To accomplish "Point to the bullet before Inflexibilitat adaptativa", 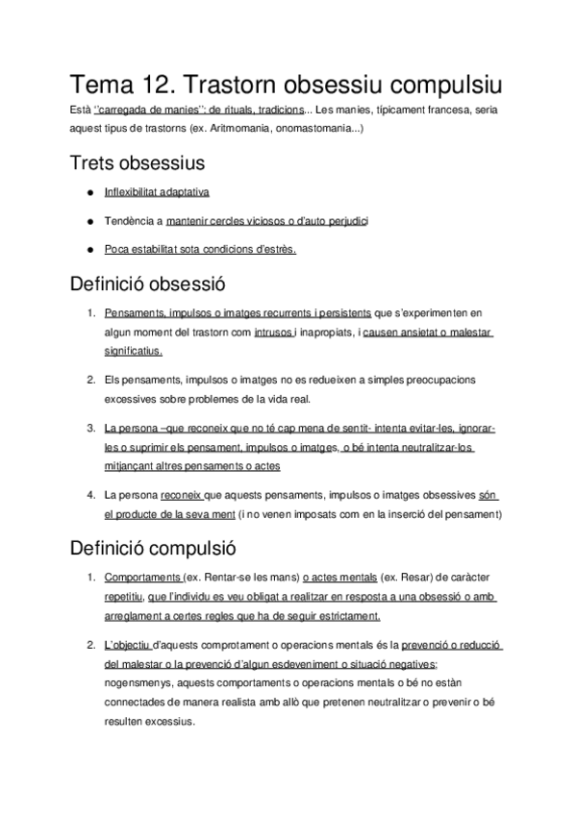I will tap(89, 192).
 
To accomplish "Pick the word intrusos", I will tap(274, 333).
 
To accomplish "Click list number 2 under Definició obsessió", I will tap(89, 380).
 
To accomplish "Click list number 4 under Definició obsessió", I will tap(89, 495).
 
